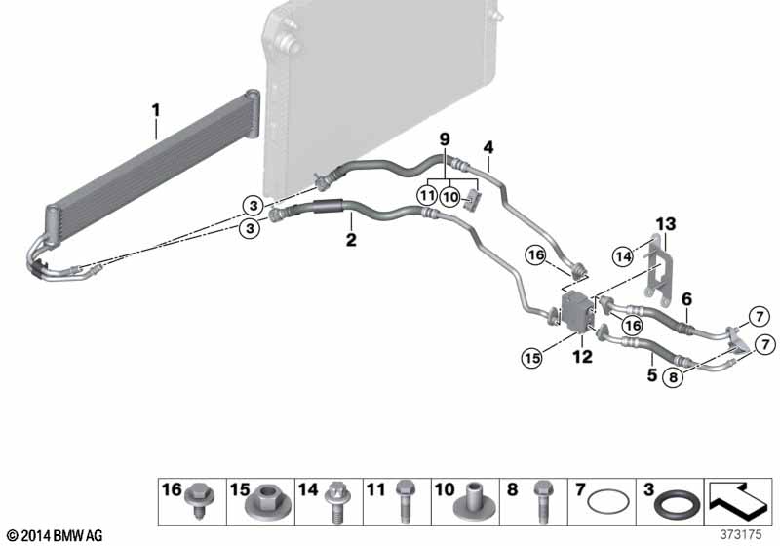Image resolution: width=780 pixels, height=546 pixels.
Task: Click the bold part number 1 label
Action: coord(156,110)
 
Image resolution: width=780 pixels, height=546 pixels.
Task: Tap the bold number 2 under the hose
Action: coord(351,240)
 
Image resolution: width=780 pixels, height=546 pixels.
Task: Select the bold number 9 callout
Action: coord(445,138)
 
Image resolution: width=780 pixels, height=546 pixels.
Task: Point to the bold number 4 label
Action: coord(488,147)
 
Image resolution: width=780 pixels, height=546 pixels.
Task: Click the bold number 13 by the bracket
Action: coord(666,224)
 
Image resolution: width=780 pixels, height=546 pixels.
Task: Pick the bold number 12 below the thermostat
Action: coord(582,356)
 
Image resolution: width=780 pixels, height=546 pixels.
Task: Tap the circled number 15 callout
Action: coord(532,358)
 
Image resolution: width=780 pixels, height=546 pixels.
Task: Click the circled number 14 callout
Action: coord(623,256)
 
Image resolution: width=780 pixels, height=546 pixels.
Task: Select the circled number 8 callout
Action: coord(673,377)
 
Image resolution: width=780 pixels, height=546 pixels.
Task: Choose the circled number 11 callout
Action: coord(427,195)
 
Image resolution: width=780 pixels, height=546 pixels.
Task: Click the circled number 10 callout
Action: coord(450,197)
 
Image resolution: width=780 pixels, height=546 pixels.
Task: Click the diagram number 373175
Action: coord(741,534)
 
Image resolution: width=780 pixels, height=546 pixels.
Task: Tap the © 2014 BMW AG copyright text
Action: coord(56,535)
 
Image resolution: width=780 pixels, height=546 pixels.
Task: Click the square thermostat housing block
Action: coord(577,312)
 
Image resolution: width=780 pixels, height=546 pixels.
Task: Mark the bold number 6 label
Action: coord(687,299)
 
